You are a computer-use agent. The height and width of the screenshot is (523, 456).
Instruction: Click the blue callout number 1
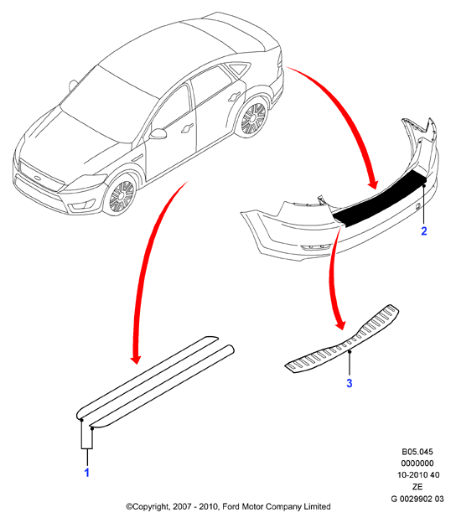point(86,473)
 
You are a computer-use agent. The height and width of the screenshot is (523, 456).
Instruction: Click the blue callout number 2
point(424,230)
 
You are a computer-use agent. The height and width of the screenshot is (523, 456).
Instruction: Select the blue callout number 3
point(350,383)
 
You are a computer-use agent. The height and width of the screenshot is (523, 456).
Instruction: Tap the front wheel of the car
point(121,196)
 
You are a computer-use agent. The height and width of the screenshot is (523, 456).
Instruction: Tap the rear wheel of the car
point(254,117)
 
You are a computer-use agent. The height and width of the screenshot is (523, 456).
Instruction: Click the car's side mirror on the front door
point(158,133)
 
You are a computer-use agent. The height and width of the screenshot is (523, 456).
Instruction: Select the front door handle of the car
point(187,128)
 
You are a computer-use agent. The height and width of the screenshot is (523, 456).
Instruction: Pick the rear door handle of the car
point(235,96)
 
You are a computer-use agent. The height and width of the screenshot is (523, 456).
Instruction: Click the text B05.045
point(417,452)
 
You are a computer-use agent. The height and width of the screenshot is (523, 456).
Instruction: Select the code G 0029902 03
point(417,499)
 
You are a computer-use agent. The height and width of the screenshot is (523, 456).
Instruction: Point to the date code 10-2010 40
point(418,475)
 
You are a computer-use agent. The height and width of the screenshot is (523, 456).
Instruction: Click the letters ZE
point(417,487)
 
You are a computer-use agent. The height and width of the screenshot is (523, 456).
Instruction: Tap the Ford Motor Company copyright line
point(228,506)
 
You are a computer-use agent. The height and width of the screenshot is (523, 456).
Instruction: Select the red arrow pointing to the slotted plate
point(334,277)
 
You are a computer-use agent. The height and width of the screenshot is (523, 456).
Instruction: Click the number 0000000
point(417,463)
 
